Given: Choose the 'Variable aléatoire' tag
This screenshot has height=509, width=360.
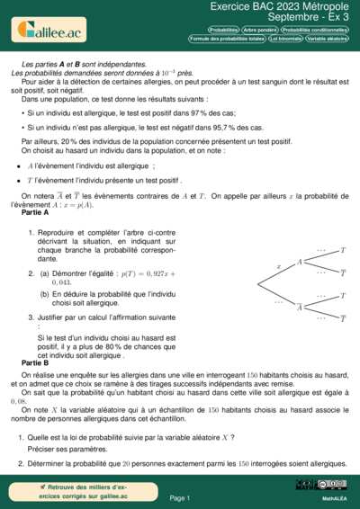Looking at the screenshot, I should (x=328, y=39).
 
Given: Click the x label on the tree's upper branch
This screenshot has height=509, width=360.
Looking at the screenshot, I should (x=279, y=266).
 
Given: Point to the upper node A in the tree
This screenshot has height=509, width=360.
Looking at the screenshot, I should (x=300, y=261).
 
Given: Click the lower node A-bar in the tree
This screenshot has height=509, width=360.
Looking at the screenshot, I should (x=300, y=307).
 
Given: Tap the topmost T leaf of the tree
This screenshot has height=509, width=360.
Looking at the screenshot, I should (x=343, y=249).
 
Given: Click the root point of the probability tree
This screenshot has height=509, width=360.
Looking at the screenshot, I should (x=260, y=284).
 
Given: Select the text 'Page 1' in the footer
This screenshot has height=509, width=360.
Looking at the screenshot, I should (x=180, y=497).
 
